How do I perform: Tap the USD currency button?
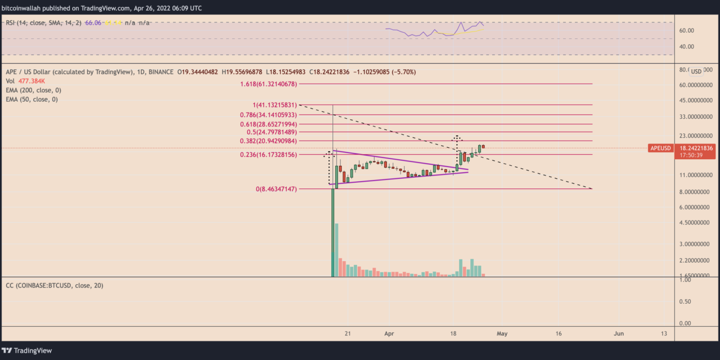(x=696, y=71)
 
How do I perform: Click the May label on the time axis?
(x=502, y=334)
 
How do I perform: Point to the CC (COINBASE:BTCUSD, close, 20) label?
(x=54, y=286)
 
